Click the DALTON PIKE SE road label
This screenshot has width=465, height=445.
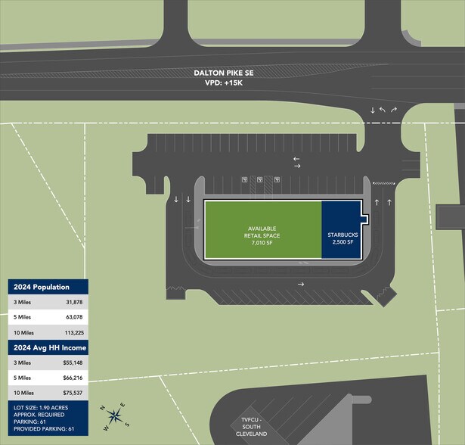(x=224, y=73)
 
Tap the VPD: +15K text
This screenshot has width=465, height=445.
(x=224, y=82)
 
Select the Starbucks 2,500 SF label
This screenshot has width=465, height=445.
(x=343, y=238)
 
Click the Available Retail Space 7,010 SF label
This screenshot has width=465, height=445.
(x=262, y=235)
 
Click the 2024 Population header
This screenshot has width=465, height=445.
(x=42, y=287)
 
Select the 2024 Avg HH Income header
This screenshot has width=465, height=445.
(x=50, y=347)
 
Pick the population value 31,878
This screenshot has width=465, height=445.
(x=74, y=302)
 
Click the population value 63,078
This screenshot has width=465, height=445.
(x=74, y=317)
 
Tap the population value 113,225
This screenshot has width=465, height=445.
(x=74, y=333)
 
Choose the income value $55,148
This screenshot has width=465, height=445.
(x=73, y=363)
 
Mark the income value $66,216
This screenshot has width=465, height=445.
(x=73, y=378)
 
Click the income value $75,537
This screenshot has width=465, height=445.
(x=73, y=393)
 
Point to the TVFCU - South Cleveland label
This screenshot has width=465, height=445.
(x=251, y=427)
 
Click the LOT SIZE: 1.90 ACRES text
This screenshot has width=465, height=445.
(x=41, y=408)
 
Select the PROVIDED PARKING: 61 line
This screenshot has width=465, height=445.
(x=44, y=429)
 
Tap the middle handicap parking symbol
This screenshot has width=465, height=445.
(x=260, y=179)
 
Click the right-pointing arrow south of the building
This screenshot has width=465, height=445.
(x=301, y=285)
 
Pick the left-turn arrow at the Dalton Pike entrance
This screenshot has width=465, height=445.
(x=383, y=110)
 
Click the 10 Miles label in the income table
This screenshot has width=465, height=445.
(x=23, y=393)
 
